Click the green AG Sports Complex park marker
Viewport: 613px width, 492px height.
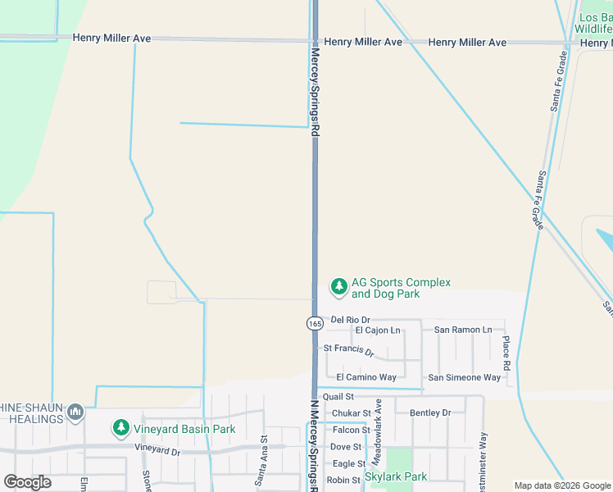(x=338, y=286)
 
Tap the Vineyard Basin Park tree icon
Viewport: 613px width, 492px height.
(x=121, y=428)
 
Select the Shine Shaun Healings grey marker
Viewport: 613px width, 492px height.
(x=75, y=412)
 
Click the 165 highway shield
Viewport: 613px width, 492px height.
(x=316, y=323)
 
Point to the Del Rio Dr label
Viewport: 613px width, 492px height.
(x=350, y=319)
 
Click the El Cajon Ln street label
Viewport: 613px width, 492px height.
(x=377, y=330)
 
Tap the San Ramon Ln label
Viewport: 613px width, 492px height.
(x=463, y=330)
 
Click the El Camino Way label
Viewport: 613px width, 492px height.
(x=366, y=377)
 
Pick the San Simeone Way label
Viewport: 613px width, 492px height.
(x=464, y=377)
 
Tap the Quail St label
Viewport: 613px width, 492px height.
(x=338, y=397)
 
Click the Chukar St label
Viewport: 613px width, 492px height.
(x=351, y=413)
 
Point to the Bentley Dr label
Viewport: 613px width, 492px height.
(x=430, y=412)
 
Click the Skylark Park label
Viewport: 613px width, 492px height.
(x=396, y=476)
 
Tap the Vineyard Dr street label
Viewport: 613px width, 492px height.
(x=157, y=451)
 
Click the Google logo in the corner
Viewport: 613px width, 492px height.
(x=27, y=482)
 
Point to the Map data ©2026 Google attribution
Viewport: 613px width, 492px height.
(x=561, y=485)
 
